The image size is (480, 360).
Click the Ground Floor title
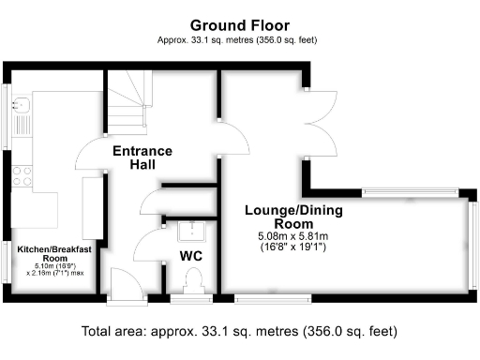[x=240, y=24]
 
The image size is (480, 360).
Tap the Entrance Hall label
[x=142, y=157]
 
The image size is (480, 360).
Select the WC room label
[x=191, y=255]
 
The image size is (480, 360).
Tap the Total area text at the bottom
[x=240, y=331]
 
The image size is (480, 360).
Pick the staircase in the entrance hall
[x=124, y=104]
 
